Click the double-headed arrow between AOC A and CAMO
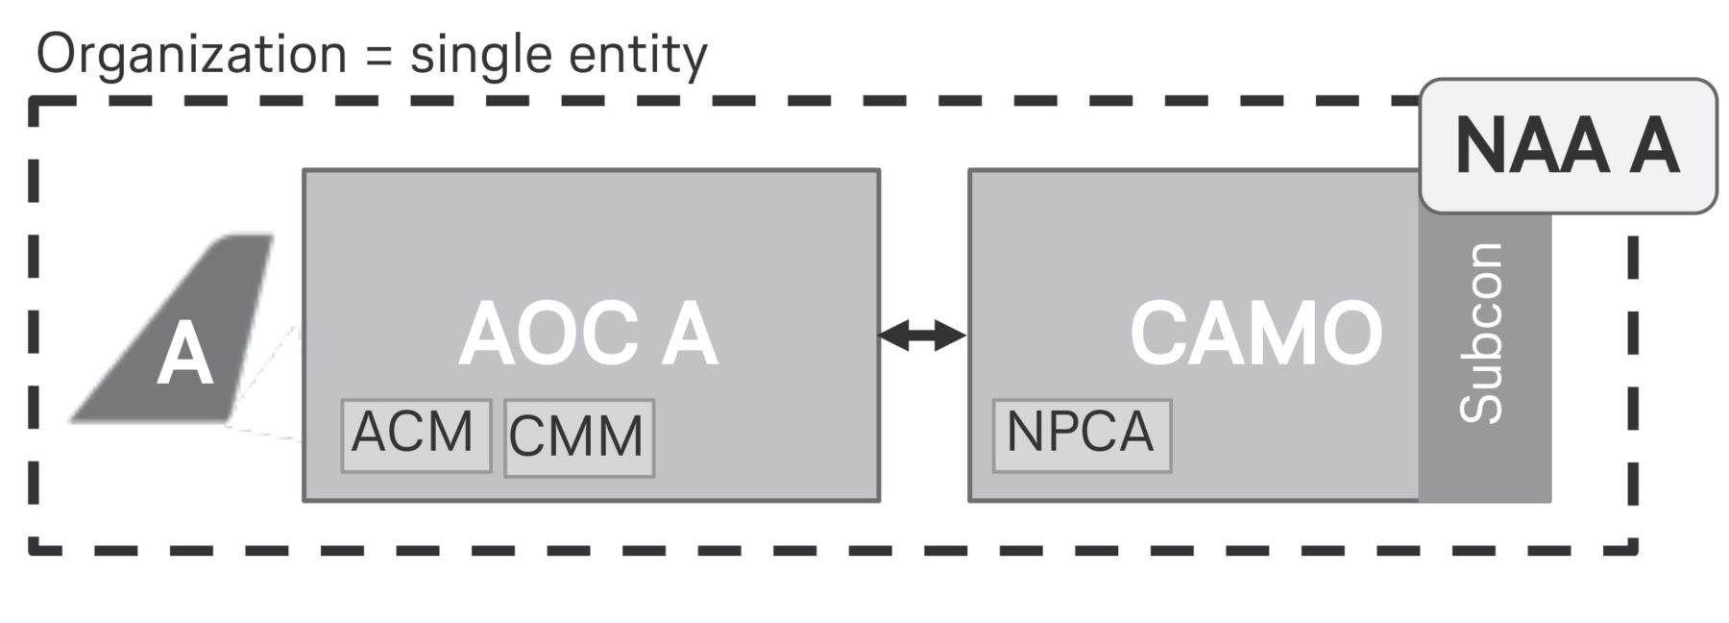coord(922,336)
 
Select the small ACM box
coord(416,436)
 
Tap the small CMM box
coord(579,438)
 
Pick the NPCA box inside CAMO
coord(1082,436)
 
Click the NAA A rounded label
coord(1568,146)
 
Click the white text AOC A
coord(588,335)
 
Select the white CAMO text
coord(1255,334)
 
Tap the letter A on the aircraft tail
coord(184,356)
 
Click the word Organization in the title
coord(191,54)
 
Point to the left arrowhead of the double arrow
coord(890,336)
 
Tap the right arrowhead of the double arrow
coord(954,336)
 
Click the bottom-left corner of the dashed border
coord(34,551)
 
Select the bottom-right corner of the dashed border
coord(1633,551)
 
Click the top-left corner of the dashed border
coord(34,100)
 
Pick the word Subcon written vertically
coord(1481,333)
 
